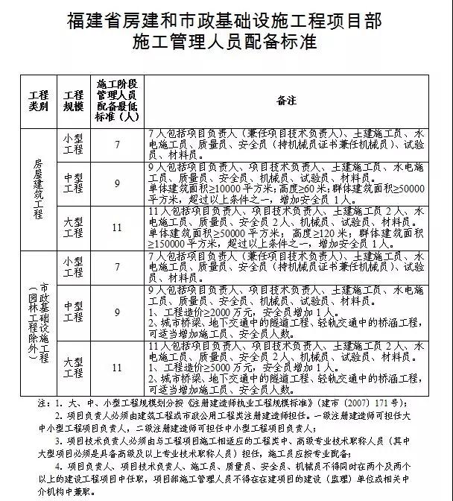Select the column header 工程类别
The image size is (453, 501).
coord(38,101)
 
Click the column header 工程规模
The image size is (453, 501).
coord(74,101)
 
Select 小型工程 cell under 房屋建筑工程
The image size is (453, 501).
coord(74,144)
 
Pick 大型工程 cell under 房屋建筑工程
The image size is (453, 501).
coord(74,227)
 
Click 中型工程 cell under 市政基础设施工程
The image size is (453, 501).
coord(74,311)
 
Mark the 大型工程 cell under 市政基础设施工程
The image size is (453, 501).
coord(74,367)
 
